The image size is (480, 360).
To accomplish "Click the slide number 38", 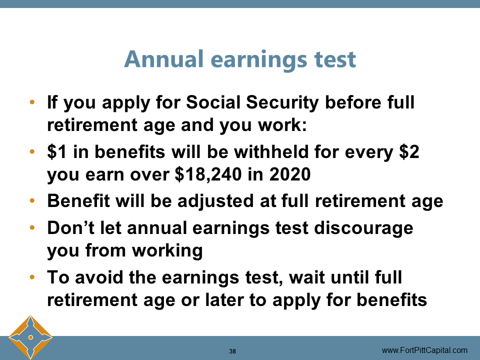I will pyautogui.click(x=232, y=351).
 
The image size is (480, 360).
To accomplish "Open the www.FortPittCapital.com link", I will pyautogui.click(x=424, y=350).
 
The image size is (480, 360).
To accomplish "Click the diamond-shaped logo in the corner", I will pyautogui.click(x=30, y=337).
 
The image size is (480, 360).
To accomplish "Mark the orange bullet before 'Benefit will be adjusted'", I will pyautogui.click(x=32, y=201).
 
